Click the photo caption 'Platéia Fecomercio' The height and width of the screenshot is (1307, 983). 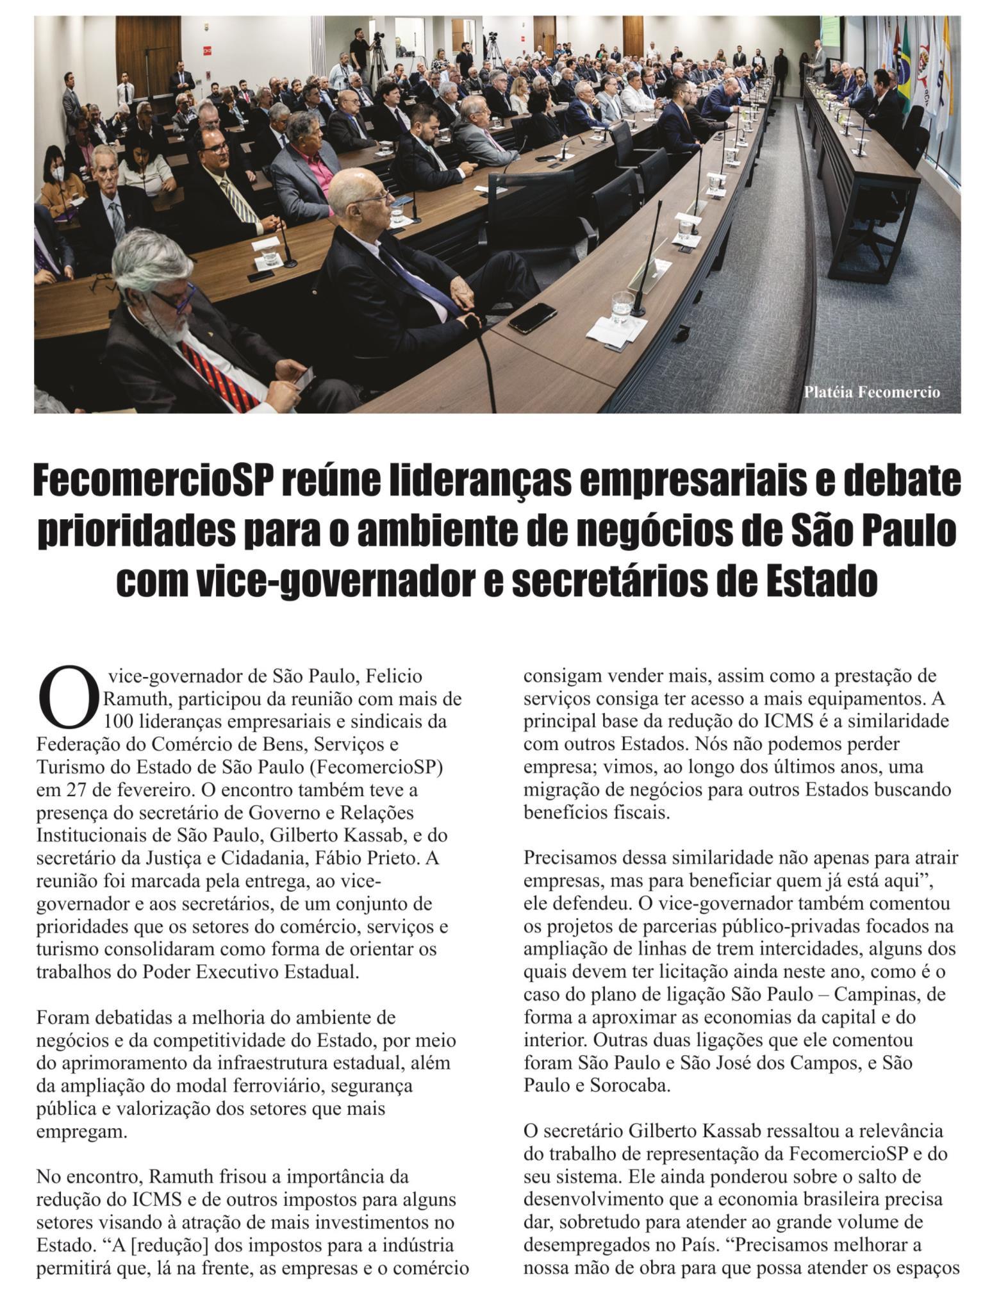871,392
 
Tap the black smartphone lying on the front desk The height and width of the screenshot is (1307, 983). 532,318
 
